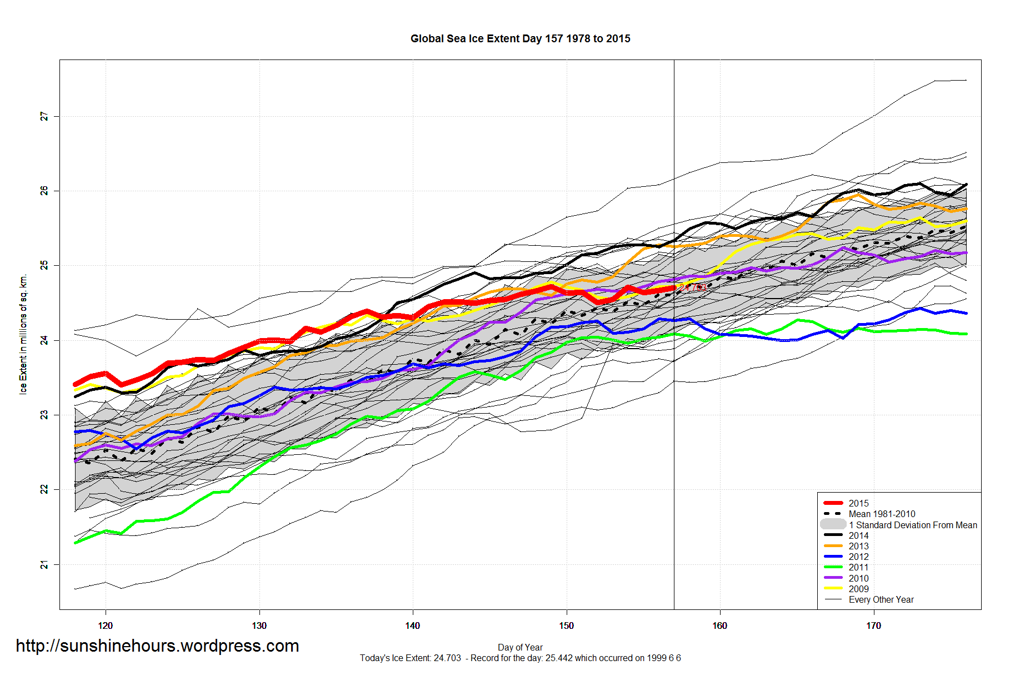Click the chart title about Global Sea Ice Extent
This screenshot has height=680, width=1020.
[520, 39]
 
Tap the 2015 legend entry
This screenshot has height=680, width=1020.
[858, 503]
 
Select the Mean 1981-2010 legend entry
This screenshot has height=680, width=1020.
[882, 514]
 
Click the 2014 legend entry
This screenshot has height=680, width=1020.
[858, 535]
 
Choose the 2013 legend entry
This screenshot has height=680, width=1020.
[858, 546]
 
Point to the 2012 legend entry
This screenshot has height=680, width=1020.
[858, 557]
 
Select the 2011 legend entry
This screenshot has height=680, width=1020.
[858, 567]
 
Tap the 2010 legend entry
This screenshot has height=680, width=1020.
[858, 578]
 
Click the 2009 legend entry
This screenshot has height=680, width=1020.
[858, 589]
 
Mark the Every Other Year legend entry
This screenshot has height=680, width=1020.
[881, 599]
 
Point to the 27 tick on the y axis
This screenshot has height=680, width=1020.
[44, 116]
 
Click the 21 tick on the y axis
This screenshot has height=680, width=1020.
[44, 565]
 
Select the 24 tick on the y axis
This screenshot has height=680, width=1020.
[44, 340]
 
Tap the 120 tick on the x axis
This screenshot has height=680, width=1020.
[106, 626]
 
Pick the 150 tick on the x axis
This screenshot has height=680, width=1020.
[566, 626]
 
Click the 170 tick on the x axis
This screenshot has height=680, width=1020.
[873, 626]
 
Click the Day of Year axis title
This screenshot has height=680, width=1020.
[520, 647]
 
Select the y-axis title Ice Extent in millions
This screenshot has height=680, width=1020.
[23, 334]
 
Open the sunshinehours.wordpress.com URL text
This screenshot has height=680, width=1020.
[157, 646]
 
